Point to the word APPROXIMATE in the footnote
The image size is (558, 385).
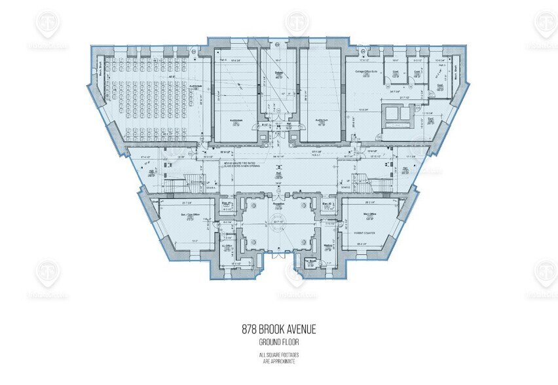[x=278, y=361]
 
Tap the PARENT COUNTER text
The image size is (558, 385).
[x=364, y=231]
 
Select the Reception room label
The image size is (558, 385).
[x=278, y=204]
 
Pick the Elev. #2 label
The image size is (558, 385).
[x=328, y=206]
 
